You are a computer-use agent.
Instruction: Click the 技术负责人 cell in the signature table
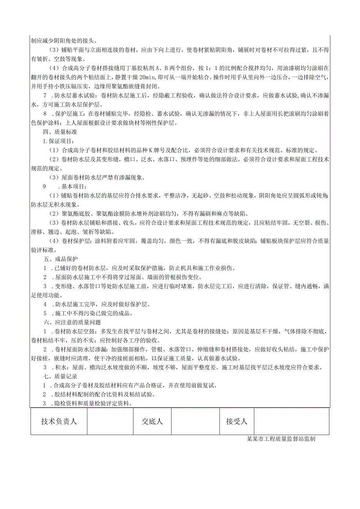coord(59,421)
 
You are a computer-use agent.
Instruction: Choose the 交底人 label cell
coord(152,421)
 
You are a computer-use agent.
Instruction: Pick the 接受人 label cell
coord(237,421)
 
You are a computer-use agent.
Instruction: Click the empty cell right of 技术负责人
coord(110,421)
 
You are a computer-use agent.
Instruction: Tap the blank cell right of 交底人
coord(196,421)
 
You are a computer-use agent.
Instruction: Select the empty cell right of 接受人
coord(292,421)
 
